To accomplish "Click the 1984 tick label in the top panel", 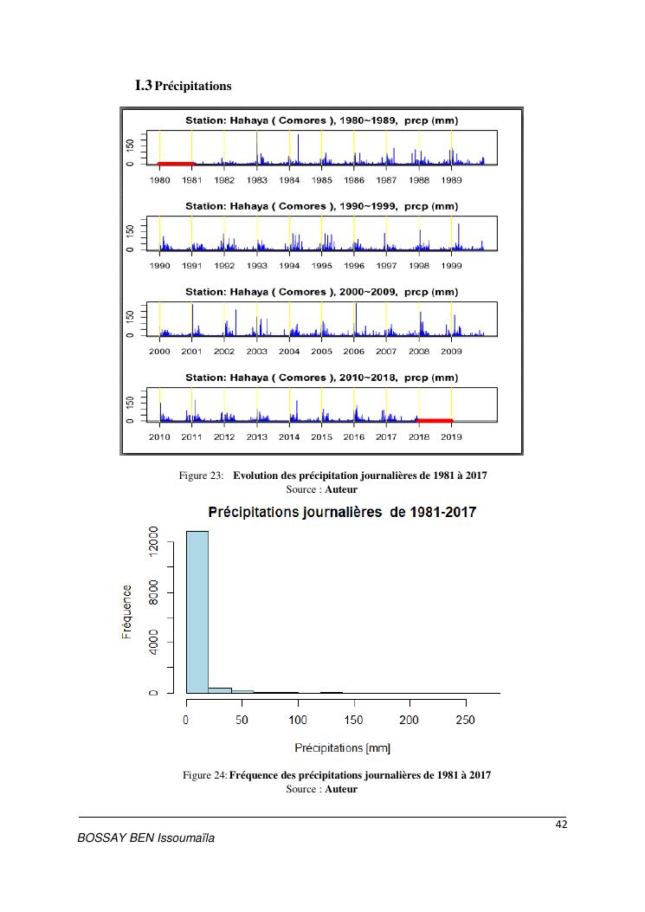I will [x=289, y=180].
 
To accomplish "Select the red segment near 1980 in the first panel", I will [x=176, y=163].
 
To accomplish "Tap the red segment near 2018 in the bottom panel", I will [x=435, y=420].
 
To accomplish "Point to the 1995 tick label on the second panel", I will [x=321, y=266].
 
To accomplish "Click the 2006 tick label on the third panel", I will [x=353, y=352].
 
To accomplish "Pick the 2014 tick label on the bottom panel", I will [x=289, y=437].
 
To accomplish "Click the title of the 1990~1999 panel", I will [x=321, y=206].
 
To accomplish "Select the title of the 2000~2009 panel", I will [x=321, y=292].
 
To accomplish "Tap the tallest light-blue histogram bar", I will [x=197, y=611].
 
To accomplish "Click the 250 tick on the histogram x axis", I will [x=464, y=721].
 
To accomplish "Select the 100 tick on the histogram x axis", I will [x=298, y=721].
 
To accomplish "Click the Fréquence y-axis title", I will [x=127, y=612].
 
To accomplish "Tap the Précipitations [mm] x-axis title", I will [x=342, y=747].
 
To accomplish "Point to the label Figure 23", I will [x=201, y=476].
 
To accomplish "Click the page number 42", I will [x=561, y=824].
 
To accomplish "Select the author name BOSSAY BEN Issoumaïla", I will [x=146, y=838].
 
